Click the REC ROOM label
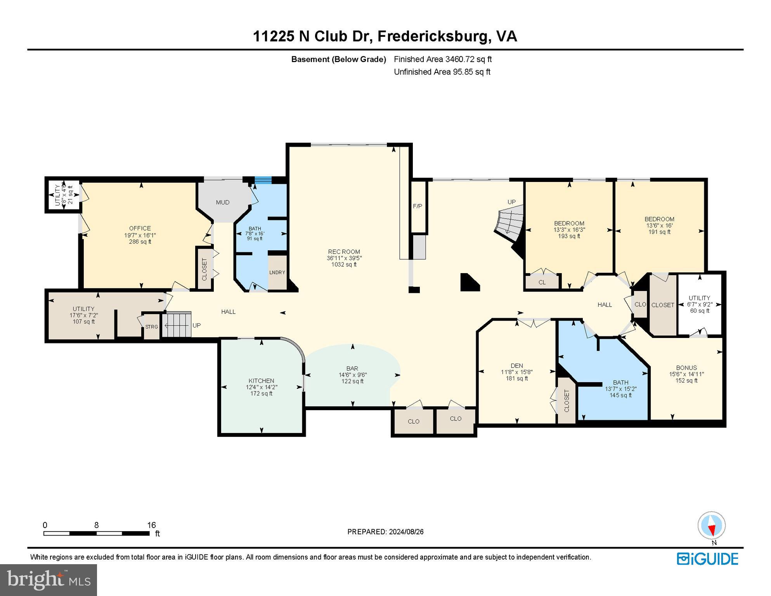point(344,251)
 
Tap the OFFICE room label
point(140,228)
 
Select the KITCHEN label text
point(261,381)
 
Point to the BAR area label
point(352,368)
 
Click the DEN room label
point(516,366)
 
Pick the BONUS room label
point(686,367)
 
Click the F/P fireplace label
point(418,206)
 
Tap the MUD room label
point(223,202)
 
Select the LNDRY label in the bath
point(277,272)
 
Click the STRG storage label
point(151,327)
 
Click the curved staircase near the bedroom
point(510,224)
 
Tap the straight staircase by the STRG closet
point(177,325)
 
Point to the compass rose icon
point(711,525)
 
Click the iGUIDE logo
point(707,559)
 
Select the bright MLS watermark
point(49,580)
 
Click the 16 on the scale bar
point(151,525)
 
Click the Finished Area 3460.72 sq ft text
point(442,59)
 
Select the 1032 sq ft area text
point(344,265)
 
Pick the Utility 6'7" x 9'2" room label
point(699,298)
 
